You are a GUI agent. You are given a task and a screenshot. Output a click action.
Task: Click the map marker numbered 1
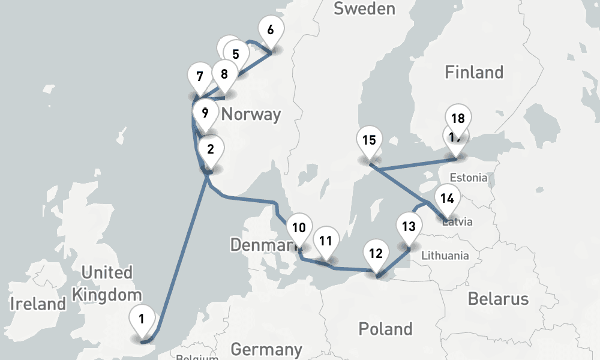(x=141, y=319)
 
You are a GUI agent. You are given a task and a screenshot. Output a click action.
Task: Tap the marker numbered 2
(x=210, y=149)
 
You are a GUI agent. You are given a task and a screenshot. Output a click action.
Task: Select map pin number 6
(x=270, y=29)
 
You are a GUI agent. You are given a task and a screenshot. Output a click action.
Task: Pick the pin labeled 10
(x=299, y=227)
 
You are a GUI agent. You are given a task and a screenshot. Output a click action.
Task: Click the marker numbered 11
(x=326, y=241)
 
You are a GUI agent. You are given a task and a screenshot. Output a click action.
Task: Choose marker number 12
(x=376, y=253)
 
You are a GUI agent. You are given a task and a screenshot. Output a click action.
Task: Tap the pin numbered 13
(x=409, y=227)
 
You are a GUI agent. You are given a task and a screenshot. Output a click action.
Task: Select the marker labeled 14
(x=447, y=197)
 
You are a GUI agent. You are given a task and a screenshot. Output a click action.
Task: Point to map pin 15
(x=369, y=140)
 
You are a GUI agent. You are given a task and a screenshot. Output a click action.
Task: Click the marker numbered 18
(x=458, y=118)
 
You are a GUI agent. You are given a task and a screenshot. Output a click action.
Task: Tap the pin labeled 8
(x=224, y=74)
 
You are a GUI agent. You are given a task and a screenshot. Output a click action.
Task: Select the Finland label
(x=473, y=73)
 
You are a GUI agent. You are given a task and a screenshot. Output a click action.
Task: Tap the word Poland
(x=385, y=329)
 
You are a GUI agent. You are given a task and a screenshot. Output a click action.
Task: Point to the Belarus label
(x=498, y=298)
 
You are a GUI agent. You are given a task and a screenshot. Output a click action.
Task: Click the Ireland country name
(x=38, y=304)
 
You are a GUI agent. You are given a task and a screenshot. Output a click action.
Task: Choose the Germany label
(x=266, y=349)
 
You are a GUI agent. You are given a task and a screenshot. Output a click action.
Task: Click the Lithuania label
(x=445, y=256)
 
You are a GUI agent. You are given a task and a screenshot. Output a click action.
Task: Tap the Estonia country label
(x=469, y=178)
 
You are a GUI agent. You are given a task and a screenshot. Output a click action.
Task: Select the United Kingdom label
(x=107, y=283)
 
